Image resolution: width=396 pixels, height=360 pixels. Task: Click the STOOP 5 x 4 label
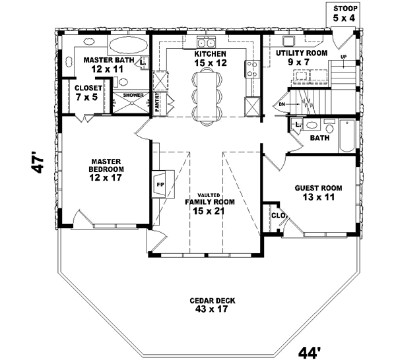click(x=345, y=13)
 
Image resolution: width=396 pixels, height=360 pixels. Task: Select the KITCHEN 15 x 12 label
click(x=210, y=58)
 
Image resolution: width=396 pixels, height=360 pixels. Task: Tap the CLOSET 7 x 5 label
click(x=87, y=92)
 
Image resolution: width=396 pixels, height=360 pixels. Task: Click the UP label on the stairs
click(x=343, y=57)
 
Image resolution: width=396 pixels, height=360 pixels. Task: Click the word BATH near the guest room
click(x=319, y=138)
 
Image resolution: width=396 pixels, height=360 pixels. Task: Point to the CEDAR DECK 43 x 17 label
click(x=211, y=305)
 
